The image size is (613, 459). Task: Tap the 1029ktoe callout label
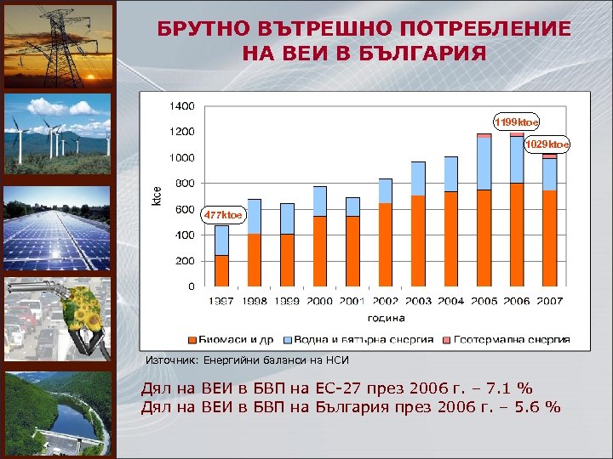(547, 144)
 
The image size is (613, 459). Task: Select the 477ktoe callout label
(222, 215)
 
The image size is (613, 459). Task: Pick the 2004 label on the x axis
(450, 301)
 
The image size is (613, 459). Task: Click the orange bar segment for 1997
(221, 270)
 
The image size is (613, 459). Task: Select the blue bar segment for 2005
(484, 163)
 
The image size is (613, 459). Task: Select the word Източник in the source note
(170, 360)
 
